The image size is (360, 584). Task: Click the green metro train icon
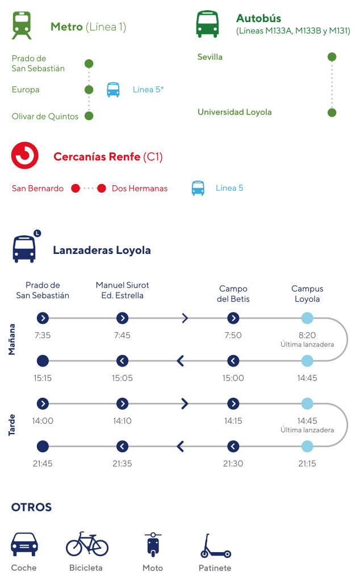click(22, 26)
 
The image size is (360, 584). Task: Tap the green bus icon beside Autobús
click(207, 24)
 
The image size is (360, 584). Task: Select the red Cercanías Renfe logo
click(25, 156)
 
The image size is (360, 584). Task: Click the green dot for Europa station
click(89, 90)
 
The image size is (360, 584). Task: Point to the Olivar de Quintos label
click(45, 116)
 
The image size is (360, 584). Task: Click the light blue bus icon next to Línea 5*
click(113, 90)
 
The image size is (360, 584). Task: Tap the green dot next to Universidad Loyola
click(332, 112)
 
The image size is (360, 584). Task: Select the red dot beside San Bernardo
click(76, 189)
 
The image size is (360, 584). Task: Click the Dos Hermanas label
click(140, 189)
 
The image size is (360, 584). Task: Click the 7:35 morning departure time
click(43, 335)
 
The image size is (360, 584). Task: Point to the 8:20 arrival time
click(307, 335)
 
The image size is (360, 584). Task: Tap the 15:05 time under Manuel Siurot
click(122, 378)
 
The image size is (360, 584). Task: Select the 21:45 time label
click(43, 464)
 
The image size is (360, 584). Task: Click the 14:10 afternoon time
click(122, 421)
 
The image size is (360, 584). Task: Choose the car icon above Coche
click(24, 544)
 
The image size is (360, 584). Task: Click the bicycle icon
click(87, 544)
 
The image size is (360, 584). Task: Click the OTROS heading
click(31, 507)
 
